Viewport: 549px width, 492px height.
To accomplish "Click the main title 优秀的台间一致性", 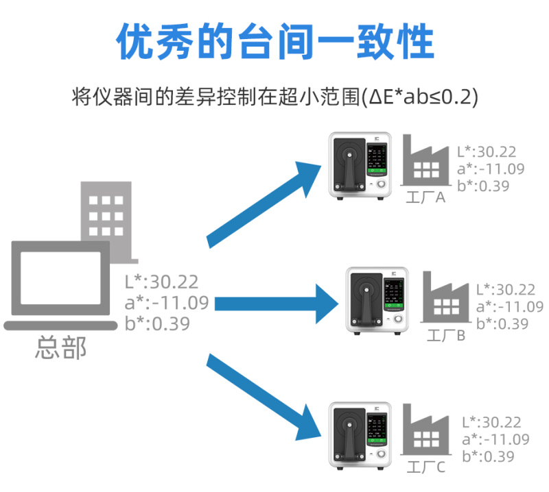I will click(274, 42).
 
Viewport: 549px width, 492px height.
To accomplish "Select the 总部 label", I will click(61, 348).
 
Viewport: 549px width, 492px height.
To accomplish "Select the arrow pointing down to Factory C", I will click(264, 397).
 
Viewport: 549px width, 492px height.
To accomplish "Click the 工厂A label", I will click(426, 199).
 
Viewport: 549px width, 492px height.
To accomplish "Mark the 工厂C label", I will click(426, 468).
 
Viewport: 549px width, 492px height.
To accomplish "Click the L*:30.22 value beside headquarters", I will click(161, 281).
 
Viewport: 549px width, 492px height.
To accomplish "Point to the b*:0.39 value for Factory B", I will click(502, 324).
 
